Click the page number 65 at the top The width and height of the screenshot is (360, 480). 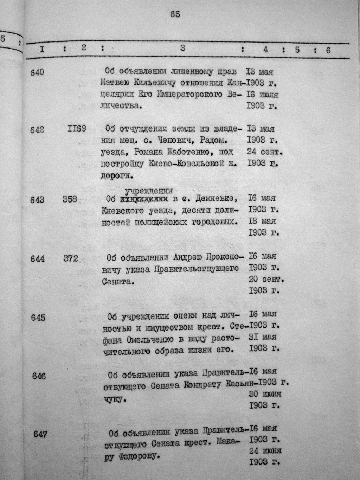[175, 14]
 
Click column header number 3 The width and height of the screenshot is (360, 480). [182, 49]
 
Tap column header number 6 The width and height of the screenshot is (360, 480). [328, 50]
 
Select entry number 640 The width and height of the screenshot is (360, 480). [37, 72]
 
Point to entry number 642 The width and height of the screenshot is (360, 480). [37, 129]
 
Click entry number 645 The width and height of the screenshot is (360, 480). [38, 318]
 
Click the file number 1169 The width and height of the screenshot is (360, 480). [77, 129]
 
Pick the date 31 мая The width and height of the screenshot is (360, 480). [263, 337]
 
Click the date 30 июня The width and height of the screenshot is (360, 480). [265, 393]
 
